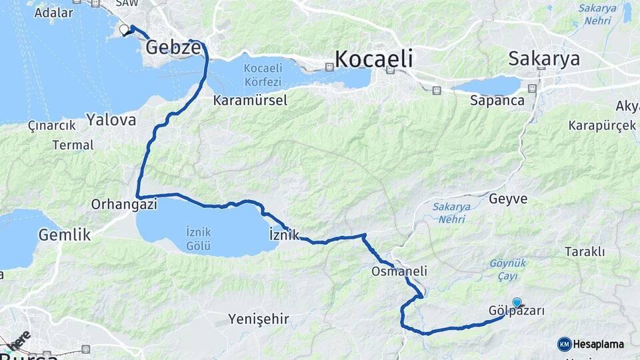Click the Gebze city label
[x=173, y=47]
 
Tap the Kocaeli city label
[x=373, y=59]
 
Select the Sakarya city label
[x=543, y=59]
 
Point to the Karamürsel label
[x=250, y=101]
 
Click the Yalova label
[x=111, y=120]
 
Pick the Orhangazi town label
[x=124, y=205]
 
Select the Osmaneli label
[x=399, y=271]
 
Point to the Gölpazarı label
[x=517, y=311]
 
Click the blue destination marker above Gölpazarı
[x=517, y=302]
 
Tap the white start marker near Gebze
[x=124, y=29]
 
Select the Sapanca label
[x=497, y=101]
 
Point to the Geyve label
[x=508, y=199]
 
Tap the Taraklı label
[x=585, y=251]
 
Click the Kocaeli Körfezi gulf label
[x=263, y=75]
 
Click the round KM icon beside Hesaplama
[x=565, y=344]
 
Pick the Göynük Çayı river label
[x=508, y=268]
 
